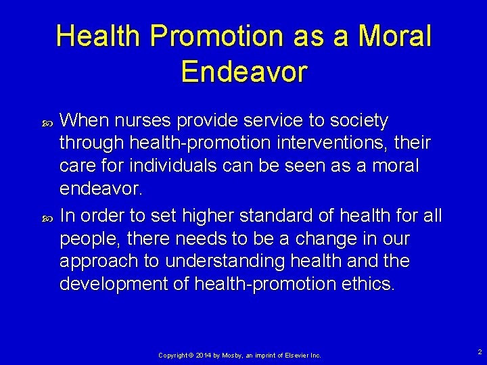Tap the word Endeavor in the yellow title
pyautogui.click(x=244, y=72)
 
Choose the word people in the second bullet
pyautogui.click(x=86, y=239)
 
